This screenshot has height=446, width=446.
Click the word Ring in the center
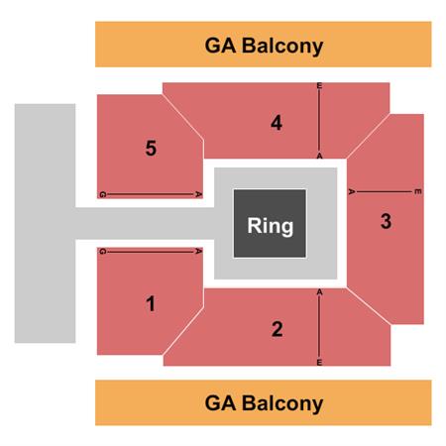(x=271, y=226)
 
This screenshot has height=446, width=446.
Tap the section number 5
(x=151, y=148)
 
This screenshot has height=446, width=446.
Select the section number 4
(x=277, y=123)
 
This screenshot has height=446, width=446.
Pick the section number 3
(x=386, y=221)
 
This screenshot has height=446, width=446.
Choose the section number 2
(x=278, y=329)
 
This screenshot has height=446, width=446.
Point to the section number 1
(x=151, y=303)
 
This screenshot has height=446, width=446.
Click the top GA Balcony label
(x=264, y=46)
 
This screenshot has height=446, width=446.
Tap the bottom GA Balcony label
(x=264, y=403)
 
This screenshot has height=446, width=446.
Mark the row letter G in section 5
(x=102, y=194)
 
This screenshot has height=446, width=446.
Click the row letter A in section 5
(x=198, y=194)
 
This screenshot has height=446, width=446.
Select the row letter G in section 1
(x=102, y=252)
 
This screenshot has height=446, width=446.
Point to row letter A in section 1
(x=198, y=252)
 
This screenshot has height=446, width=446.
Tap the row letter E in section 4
(x=319, y=86)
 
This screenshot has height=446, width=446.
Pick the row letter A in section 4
(x=319, y=156)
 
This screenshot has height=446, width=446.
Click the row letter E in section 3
(x=418, y=191)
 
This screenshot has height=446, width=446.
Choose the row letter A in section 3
(x=352, y=191)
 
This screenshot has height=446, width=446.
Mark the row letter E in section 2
(x=319, y=363)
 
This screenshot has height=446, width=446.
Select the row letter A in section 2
(x=319, y=292)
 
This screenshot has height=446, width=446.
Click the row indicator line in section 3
(x=385, y=191)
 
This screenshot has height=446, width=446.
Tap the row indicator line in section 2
(x=319, y=327)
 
